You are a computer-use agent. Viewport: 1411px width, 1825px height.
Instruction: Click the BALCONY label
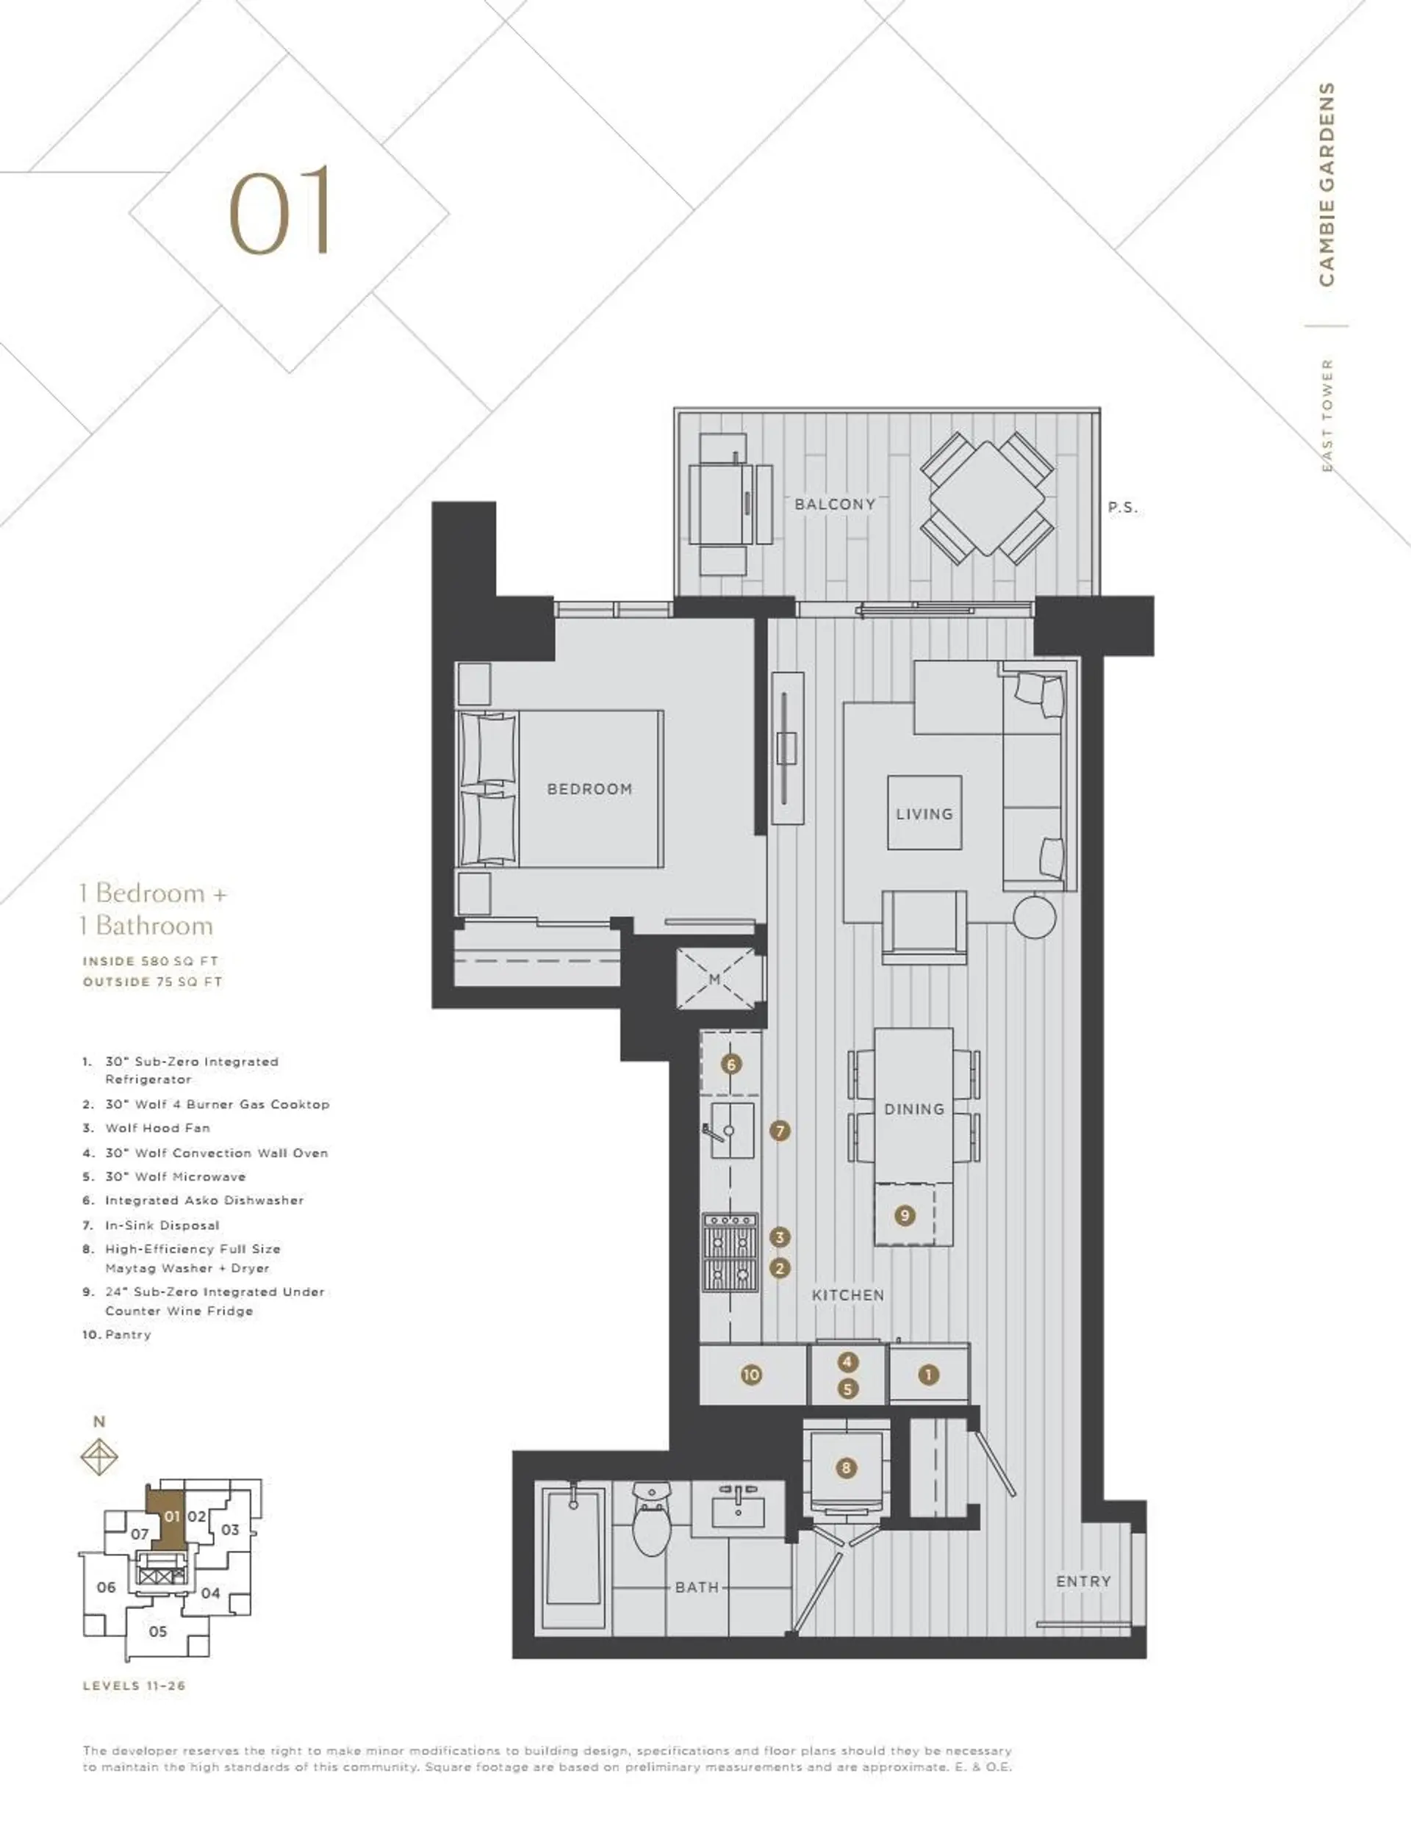coord(834,504)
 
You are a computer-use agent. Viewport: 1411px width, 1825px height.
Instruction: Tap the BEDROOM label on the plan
coord(589,789)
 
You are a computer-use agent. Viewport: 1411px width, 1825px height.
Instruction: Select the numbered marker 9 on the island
coord(905,1216)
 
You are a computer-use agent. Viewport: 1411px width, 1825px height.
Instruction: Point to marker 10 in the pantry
coord(752,1375)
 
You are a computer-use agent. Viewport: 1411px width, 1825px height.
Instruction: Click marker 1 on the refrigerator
coord(929,1375)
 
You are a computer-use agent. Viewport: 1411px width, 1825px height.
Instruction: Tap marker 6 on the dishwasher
coord(731,1065)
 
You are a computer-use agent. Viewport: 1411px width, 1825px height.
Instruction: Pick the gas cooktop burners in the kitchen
coord(731,1253)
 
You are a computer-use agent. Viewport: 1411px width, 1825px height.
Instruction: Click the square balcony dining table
coord(986,499)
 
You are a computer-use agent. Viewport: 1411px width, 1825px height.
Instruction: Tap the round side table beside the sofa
coord(1035,917)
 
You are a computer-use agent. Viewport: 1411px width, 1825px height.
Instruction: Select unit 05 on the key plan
coord(158,1631)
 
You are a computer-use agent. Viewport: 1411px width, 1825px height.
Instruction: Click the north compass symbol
coord(98,1458)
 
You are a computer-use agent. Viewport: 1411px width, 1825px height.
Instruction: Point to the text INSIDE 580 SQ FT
coord(151,961)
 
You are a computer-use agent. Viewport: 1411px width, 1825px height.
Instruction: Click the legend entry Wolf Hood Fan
coord(157,1128)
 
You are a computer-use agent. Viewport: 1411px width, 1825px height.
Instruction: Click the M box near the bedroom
coord(716,979)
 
